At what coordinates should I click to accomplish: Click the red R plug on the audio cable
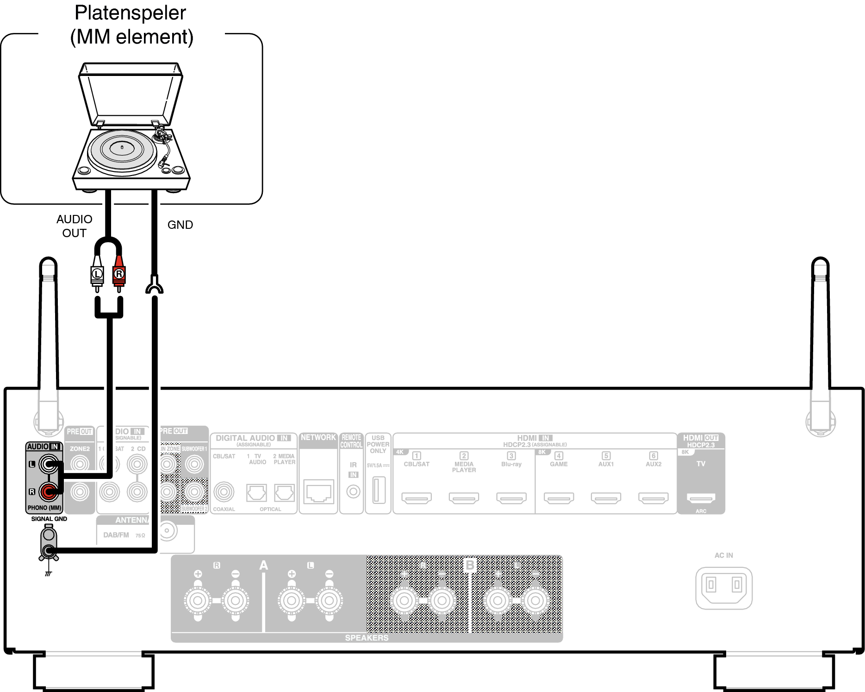[x=119, y=275]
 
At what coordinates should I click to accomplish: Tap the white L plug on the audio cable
[x=97, y=275]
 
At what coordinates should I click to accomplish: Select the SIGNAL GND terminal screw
[x=49, y=551]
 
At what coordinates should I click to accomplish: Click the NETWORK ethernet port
[x=318, y=492]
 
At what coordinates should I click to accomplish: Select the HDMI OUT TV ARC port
[x=701, y=498]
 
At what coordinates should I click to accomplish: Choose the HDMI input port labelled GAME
[x=559, y=498]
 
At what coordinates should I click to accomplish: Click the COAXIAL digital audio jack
[x=224, y=492]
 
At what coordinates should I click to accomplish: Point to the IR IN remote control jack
[x=353, y=491]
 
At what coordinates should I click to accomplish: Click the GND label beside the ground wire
[x=180, y=225]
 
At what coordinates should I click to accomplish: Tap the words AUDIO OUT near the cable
[x=74, y=226]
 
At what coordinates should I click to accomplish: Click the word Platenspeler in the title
[x=131, y=13]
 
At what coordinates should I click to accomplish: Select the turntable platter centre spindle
[x=122, y=147]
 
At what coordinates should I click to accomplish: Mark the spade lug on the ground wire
[x=154, y=285]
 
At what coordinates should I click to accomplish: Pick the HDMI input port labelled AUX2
[x=653, y=498]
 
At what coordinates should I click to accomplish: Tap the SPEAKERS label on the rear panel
[x=367, y=638]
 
